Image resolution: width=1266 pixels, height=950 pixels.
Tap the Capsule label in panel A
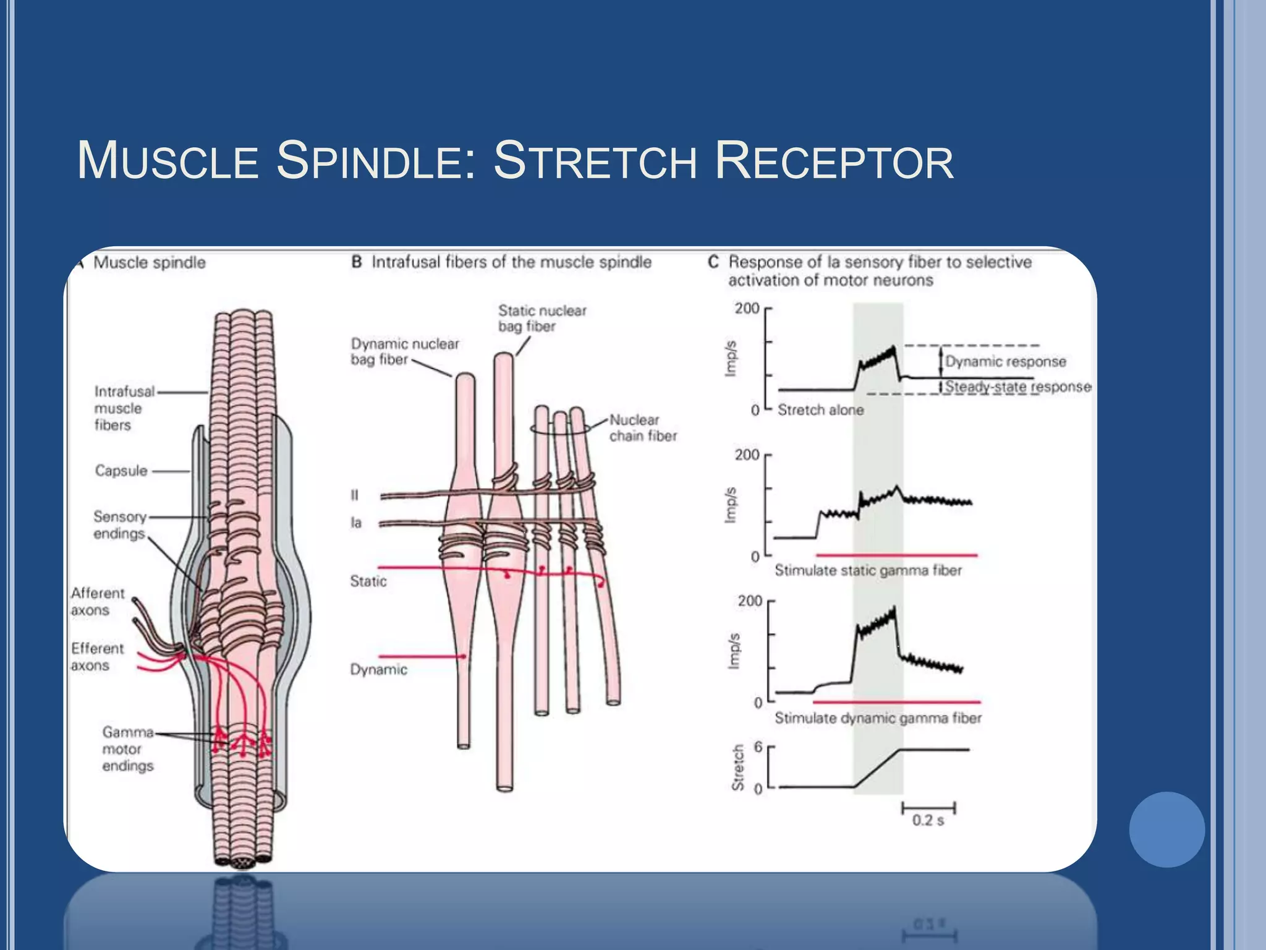point(121,471)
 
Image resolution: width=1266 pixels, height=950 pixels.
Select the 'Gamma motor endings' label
point(127,749)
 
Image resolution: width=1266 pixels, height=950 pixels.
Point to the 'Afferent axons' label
point(97,602)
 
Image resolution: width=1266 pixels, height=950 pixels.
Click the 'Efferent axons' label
point(97,657)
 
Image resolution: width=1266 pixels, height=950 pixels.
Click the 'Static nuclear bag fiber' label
point(542,318)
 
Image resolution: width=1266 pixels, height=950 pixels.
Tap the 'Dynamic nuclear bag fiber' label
point(404,351)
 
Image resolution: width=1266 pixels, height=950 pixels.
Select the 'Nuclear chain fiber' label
point(643,427)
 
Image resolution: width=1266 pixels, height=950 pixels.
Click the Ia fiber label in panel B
point(356,523)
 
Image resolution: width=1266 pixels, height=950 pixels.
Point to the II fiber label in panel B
point(354,495)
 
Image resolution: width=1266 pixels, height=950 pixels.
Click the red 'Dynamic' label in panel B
point(378,669)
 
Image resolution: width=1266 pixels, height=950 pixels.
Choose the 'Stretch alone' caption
point(820,410)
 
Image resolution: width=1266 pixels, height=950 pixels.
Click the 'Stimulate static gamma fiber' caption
point(868,570)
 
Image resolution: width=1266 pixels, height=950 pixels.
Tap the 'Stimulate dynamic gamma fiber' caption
point(878,718)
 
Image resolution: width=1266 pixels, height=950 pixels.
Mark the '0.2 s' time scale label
point(928,821)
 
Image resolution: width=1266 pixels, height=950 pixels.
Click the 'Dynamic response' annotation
point(1005,361)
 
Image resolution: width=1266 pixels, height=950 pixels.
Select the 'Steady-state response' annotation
point(1017,387)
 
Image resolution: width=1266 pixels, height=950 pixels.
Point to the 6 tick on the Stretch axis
point(758,747)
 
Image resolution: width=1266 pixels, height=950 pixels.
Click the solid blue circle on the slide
point(1166,829)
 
